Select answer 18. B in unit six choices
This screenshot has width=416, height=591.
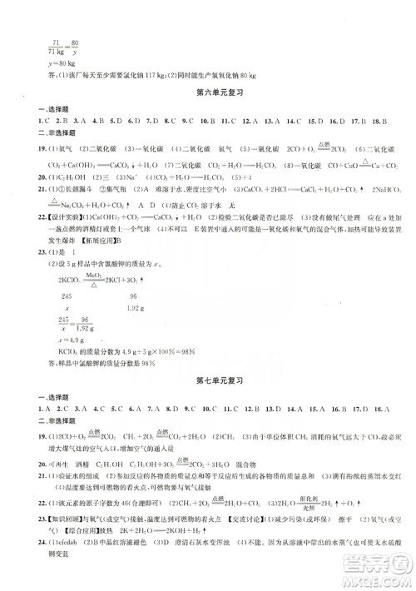click(x=383, y=122)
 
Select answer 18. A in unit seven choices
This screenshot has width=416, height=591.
click(x=383, y=409)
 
